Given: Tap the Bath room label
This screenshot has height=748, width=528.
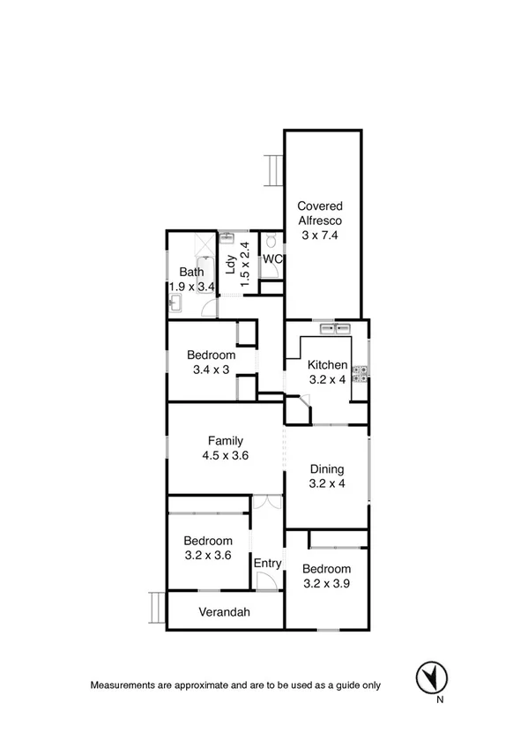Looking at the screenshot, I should [191, 273].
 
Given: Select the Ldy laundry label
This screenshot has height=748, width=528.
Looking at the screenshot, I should [230, 266].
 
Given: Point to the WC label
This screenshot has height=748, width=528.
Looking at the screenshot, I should [272, 259].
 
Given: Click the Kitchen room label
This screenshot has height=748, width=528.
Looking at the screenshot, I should [326, 365].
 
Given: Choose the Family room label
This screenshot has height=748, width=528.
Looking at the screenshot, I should [226, 441].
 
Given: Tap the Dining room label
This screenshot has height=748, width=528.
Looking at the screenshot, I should [326, 469].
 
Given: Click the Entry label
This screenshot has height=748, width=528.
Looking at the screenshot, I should [267, 564].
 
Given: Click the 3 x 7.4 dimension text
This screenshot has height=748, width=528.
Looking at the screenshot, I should [318, 236].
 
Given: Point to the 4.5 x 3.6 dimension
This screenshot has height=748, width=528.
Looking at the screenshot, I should [226, 456].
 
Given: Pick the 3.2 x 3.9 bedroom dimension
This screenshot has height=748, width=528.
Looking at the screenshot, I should [326, 584].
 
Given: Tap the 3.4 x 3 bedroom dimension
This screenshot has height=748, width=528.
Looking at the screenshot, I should [211, 370].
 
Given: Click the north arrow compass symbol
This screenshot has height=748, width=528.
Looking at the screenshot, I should [431, 677].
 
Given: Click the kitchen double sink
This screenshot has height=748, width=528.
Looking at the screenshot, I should [335, 328].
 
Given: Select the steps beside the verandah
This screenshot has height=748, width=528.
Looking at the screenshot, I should [157, 610].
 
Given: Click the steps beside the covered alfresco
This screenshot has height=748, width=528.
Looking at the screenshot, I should [273, 169].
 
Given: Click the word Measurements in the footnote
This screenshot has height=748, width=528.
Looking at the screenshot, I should [124, 684].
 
